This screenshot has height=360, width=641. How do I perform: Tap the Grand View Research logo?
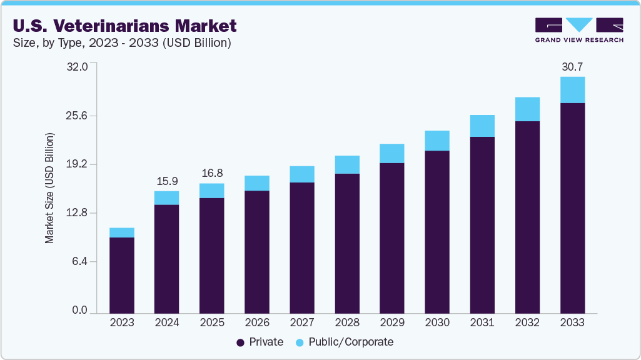[x=579, y=30]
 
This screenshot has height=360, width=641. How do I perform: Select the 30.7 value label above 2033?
[x=572, y=66]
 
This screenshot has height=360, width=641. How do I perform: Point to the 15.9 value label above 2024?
[x=166, y=181]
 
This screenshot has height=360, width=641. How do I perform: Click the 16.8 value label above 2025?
[x=211, y=173]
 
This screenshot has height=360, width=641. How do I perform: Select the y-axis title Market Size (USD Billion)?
[x=49, y=188]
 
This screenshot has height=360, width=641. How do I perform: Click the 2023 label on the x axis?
[x=121, y=322]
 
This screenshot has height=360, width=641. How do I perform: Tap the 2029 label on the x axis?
[x=392, y=322]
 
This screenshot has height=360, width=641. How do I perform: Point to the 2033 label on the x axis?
[x=572, y=322]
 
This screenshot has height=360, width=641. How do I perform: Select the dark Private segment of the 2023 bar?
[x=121, y=275]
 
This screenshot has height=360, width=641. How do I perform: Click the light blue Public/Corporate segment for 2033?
[x=572, y=90]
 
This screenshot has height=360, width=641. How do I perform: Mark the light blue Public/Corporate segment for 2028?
[x=347, y=164]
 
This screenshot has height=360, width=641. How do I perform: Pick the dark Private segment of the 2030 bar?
[x=437, y=231]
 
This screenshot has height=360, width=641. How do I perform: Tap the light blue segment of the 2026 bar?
[x=257, y=183]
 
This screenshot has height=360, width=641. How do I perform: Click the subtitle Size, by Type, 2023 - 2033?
[x=123, y=43]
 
